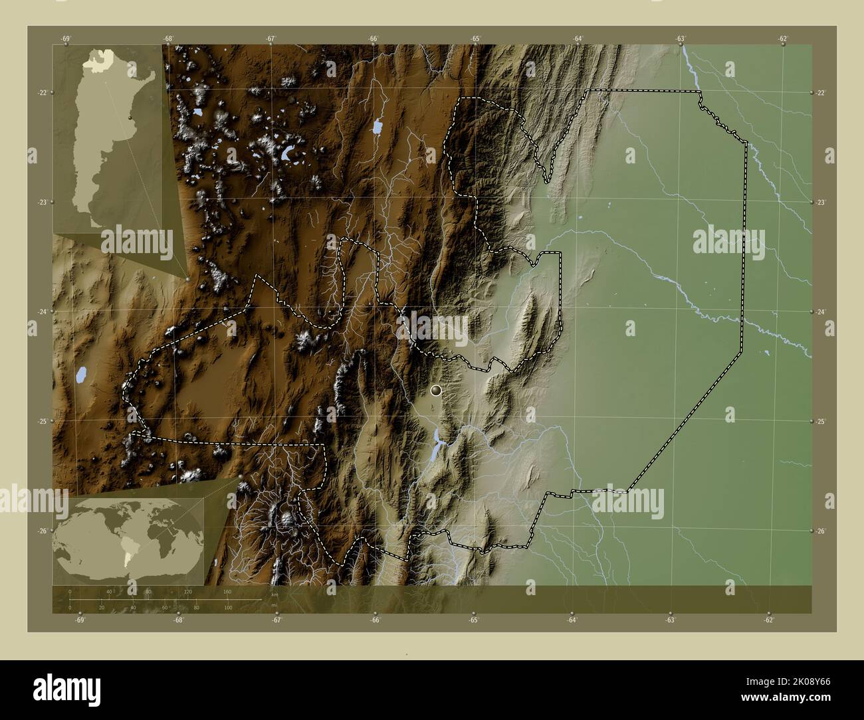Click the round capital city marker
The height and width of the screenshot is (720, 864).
(x=436, y=391)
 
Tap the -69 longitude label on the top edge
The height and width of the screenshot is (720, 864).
(x=65, y=39)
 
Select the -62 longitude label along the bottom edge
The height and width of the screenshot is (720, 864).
(x=768, y=620)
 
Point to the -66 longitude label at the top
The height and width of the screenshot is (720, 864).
(x=373, y=39)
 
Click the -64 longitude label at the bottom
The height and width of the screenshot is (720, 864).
(x=572, y=620)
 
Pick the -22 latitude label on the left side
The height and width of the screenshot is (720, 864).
(x=42, y=93)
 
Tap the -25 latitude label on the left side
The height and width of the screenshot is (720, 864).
(x=42, y=421)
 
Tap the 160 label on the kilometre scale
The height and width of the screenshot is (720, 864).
(x=227, y=591)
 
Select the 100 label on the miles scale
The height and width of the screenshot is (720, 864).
(x=227, y=607)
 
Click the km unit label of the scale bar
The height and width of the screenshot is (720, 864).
(x=274, y=595)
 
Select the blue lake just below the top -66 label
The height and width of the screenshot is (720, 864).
(x=378, y=126)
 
